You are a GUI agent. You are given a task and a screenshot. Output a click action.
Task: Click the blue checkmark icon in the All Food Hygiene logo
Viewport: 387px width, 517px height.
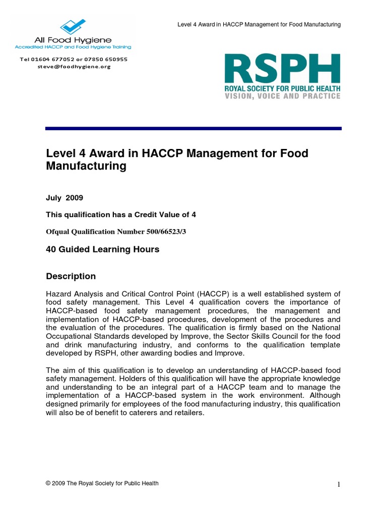point(73,26)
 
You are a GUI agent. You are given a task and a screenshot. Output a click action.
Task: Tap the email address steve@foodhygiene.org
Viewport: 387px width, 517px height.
point(74,66)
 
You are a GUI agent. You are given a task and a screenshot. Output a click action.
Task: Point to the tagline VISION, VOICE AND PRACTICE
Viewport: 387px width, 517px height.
point(282,96)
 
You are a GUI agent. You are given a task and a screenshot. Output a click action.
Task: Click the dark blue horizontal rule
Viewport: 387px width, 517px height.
point(193,129)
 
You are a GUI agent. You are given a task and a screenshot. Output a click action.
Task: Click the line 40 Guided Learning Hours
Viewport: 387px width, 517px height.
point(102,249)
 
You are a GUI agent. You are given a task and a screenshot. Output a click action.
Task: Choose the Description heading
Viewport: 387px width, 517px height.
point(71,276)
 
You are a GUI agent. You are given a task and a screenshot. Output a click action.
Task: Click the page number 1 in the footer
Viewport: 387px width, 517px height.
point(339,485)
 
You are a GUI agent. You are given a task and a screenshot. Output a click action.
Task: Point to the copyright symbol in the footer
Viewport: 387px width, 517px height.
point(48,483)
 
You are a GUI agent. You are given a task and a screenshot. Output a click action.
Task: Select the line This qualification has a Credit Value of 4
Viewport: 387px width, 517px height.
point(121,215)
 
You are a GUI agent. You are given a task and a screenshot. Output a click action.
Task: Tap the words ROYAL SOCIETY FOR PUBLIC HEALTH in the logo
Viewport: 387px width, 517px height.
point(282,88)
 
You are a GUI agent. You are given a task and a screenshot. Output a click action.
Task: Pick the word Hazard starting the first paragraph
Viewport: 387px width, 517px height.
point(59,294)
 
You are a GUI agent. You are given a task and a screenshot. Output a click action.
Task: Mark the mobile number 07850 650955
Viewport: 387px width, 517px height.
point(108,59)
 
